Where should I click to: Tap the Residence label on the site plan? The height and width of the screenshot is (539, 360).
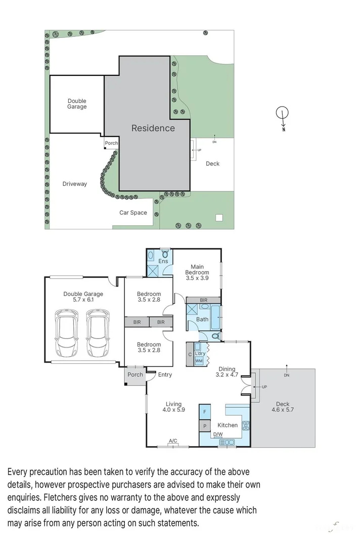[153, 128]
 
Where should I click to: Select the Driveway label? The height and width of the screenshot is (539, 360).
[74, 184]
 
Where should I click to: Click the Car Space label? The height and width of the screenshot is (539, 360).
[133, 213]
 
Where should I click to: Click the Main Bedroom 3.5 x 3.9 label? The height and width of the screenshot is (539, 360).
[197, 272]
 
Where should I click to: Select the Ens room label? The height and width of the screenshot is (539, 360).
[163, 261]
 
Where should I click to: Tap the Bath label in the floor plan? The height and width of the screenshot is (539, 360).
[202, 319]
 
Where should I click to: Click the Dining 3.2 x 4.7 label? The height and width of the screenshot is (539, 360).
[227, 372]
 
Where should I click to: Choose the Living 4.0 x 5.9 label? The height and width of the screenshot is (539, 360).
[173, 407]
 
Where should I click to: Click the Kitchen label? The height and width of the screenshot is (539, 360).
[228, 425]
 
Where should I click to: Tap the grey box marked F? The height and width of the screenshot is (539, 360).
[205, 412]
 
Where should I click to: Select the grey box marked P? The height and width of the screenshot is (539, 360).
[205, 426]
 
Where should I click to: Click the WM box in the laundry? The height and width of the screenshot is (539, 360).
[199, 361]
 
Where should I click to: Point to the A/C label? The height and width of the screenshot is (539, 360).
[173, 442]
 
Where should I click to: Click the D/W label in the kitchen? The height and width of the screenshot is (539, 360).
[217, 434]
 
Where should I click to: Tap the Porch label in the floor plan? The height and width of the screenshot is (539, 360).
[135, 375]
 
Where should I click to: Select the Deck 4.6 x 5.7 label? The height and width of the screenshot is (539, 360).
[283, 407]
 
